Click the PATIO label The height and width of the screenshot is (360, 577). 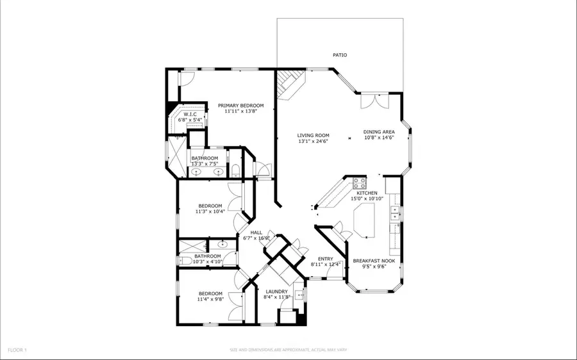340,56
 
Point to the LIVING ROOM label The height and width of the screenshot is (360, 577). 313,135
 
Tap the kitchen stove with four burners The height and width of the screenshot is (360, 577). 359,181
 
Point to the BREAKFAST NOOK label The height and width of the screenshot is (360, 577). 374,261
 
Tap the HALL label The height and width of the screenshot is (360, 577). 256,233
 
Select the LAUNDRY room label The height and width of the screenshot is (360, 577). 276,291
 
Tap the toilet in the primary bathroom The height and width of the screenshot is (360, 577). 235,170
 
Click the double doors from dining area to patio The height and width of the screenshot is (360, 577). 369,102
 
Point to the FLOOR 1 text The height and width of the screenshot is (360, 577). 17,350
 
